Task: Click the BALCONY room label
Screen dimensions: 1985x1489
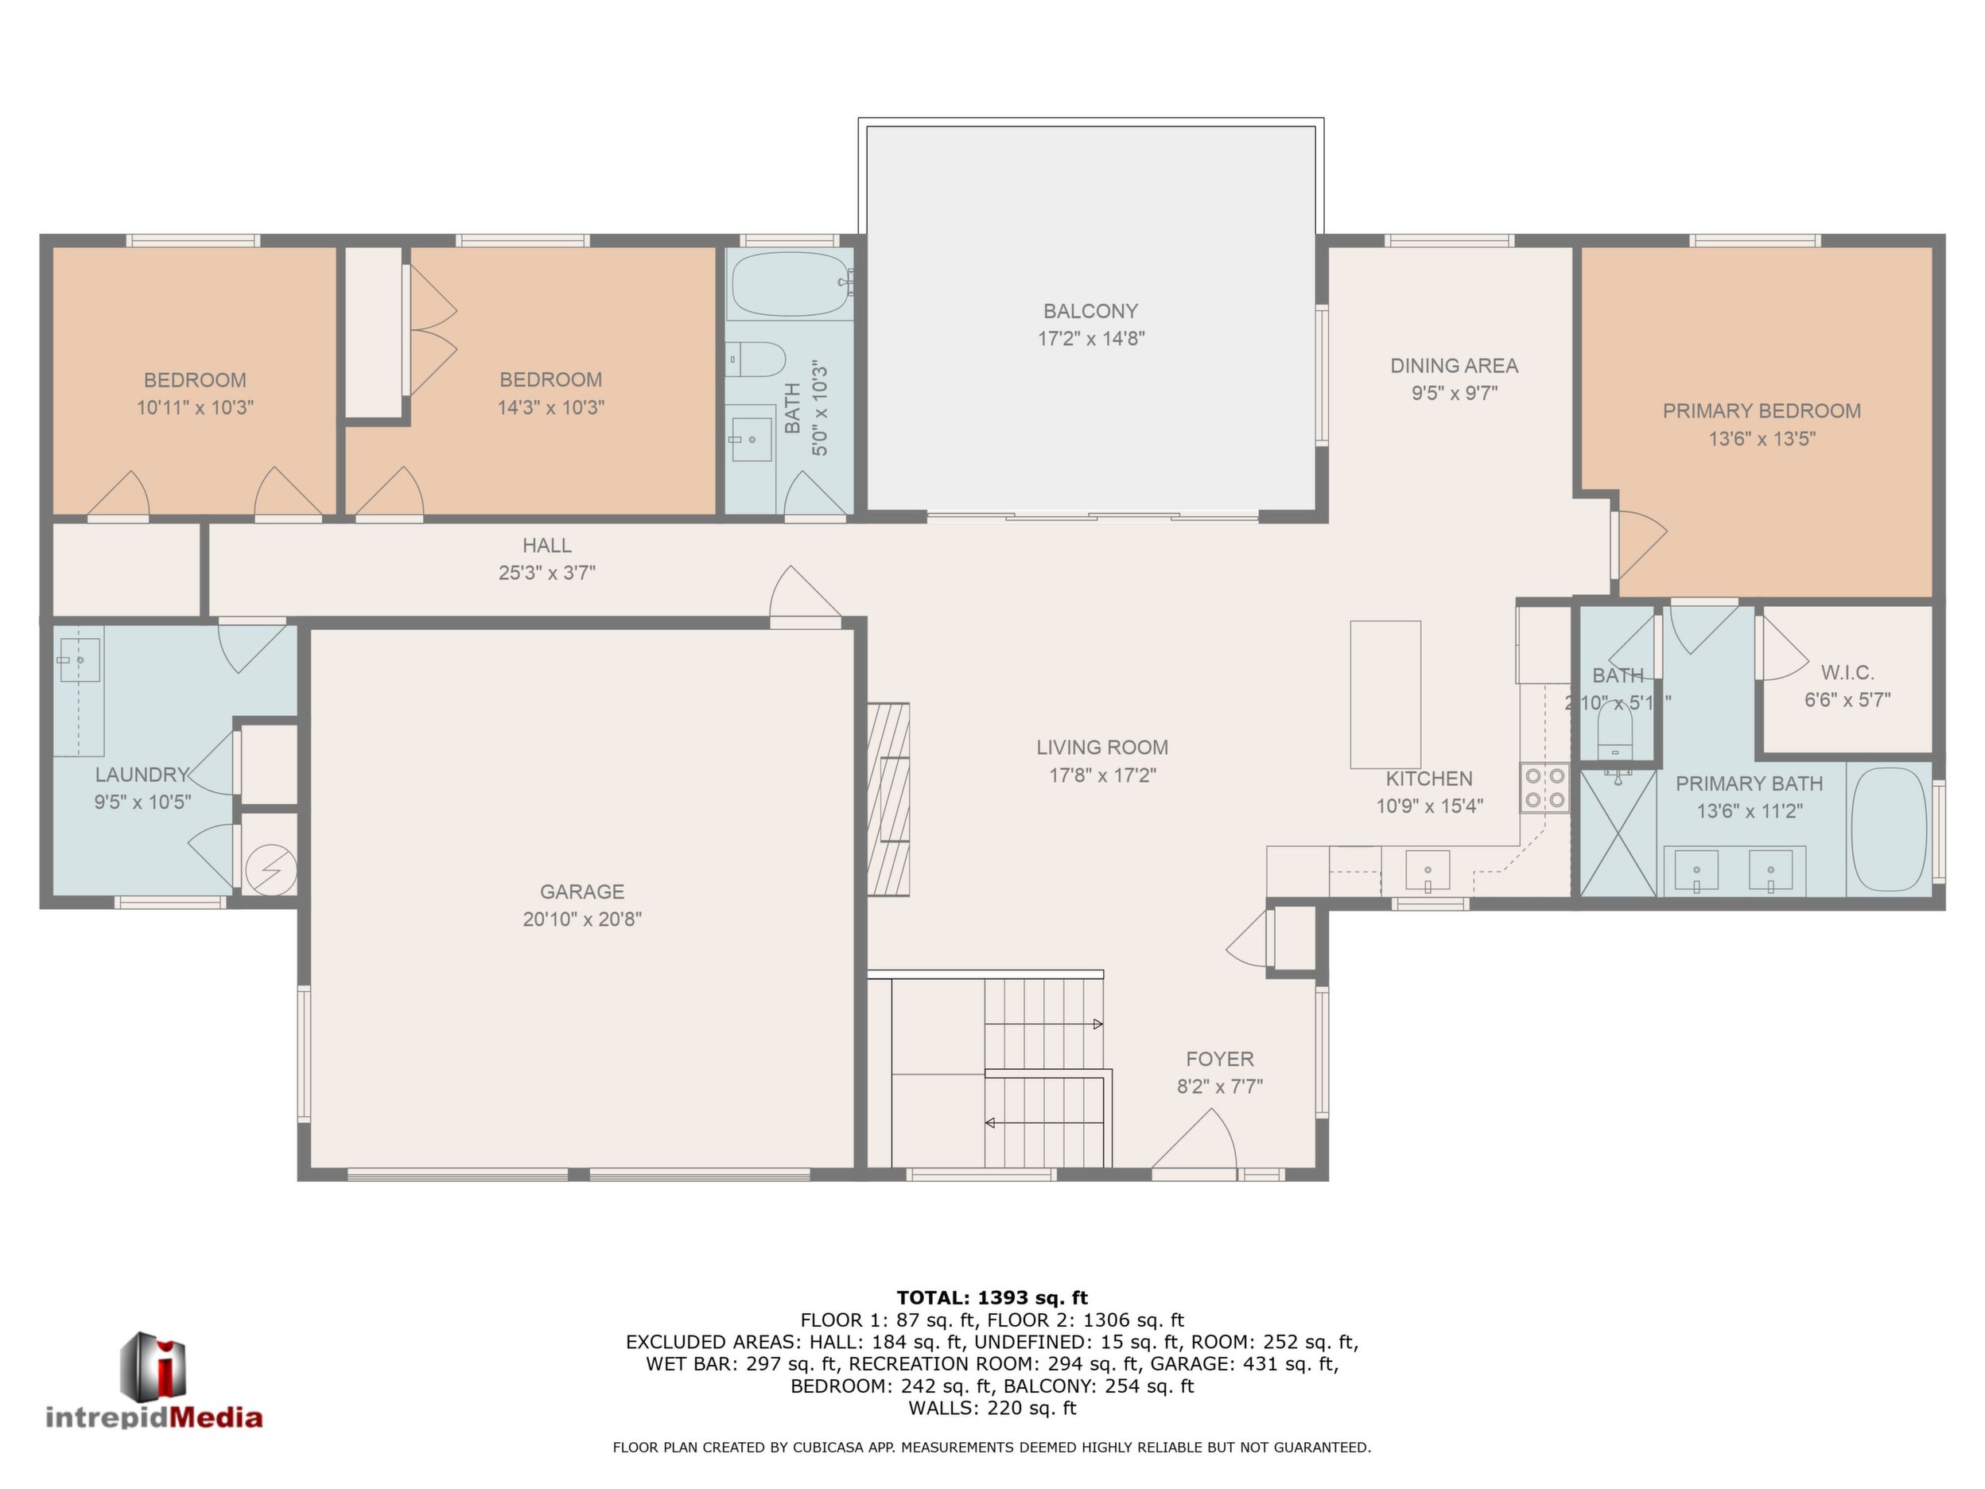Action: coord(1090,312)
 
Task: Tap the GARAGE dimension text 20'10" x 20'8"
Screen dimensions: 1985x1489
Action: coord(582,919)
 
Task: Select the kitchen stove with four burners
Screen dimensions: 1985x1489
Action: coord(1544,787)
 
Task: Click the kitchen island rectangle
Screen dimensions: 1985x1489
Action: coord(1385,694)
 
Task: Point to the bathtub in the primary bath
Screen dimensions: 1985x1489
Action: coord(1889,830)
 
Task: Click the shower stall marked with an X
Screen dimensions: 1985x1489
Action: coord(1617,833)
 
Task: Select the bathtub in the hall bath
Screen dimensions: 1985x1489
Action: coord(790,284)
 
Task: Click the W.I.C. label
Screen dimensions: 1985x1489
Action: coord(1847,672)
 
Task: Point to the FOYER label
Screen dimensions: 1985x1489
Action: coord(1219,1059)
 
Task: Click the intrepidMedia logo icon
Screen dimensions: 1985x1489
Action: coord(154,1367)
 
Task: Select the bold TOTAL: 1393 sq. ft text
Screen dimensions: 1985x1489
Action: coord(992,1298)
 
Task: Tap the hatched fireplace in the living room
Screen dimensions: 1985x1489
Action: coord(888,799)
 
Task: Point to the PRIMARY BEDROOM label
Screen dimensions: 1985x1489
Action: coord(1762,411)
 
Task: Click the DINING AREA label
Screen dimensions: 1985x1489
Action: coord(1454,365)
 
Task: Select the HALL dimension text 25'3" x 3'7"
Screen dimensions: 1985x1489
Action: coord(547,573)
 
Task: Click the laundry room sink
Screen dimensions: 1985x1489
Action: coord(79,659)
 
